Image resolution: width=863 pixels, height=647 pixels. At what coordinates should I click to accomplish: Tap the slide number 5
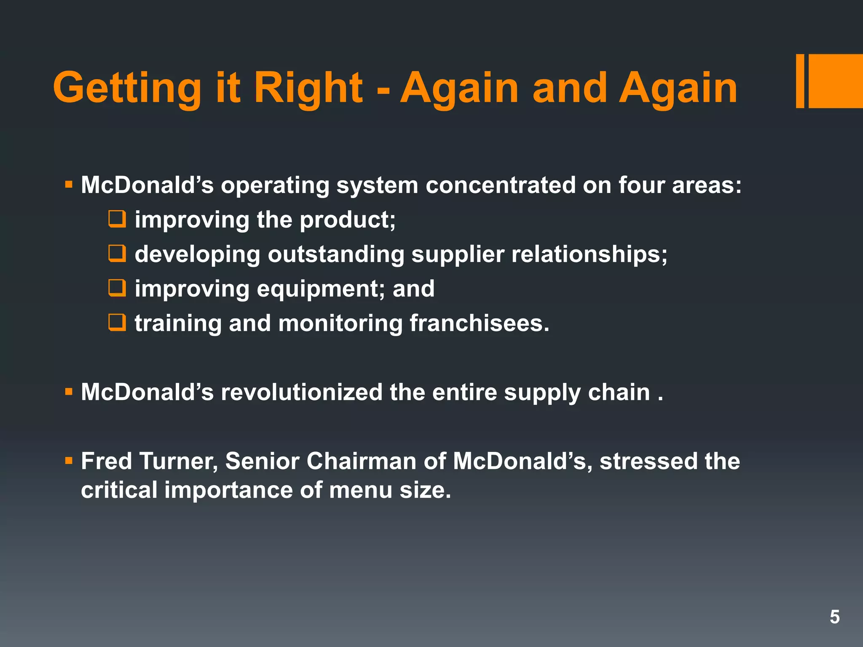click(x=834, y=617)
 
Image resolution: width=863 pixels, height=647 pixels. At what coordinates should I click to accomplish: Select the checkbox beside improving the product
click(x=117, y=219)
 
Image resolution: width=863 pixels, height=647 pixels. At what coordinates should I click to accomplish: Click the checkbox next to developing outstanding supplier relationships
click(x=117, y=254)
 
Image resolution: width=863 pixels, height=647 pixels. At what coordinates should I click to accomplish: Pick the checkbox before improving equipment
click(x=117, y=289)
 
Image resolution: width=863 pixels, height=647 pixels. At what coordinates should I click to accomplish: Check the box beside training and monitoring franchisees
click(x=117, y=323)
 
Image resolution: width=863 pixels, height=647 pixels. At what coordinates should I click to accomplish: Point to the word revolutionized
click(x=301, y=392)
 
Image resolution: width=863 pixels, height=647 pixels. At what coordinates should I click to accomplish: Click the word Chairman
click(x=361, y=461)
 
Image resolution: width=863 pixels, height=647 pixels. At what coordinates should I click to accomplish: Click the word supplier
click(x=458, y=255)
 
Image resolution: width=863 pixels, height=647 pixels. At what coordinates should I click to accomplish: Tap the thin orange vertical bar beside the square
click(x=800, y=81)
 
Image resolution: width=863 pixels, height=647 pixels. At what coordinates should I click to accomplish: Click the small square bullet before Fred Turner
click(x=69, y=461)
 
